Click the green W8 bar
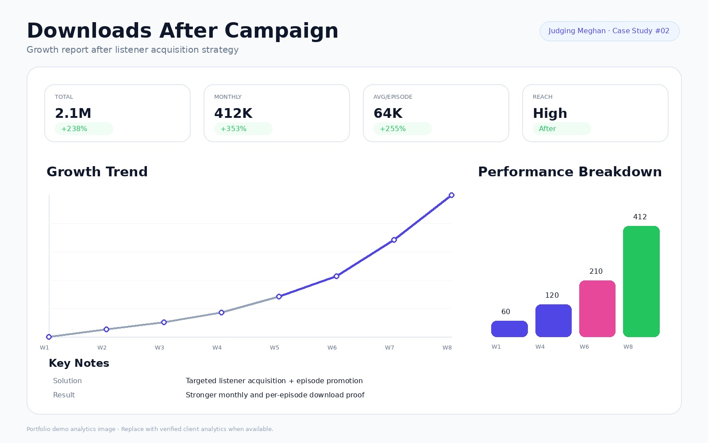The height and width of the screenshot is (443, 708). tap(641, 281)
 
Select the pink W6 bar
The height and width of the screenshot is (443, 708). tap(597, 308)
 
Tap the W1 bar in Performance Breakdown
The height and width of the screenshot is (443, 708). tap(509, 329)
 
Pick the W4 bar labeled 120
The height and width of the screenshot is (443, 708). tap(554, 321)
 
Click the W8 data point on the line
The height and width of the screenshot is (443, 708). tap(452, 195)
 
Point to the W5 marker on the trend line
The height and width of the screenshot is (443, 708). tap(279, 296)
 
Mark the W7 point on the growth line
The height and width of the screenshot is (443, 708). tap(394, 240)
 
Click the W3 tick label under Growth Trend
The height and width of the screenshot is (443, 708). tap(159, 347)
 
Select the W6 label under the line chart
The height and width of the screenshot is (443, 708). tap(332, 347)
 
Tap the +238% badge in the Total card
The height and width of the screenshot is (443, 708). tap(84, 129)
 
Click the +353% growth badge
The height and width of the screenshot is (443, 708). tap(243, 129)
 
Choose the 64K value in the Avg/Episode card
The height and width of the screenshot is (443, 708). tap(388, 113)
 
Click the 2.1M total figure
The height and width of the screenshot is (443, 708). tap(73, 113)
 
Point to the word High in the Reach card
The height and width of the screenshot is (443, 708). tap(550, 113)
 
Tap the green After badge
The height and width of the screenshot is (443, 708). tap(562, 129)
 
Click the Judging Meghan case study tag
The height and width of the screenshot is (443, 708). tap(610, 31)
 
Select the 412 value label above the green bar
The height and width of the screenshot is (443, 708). tap(640, 217)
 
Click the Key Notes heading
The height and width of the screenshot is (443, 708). tap(79, 363)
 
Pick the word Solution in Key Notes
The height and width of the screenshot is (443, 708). tap(67, 381)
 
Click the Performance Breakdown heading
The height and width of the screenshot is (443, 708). tap(570, 172)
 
